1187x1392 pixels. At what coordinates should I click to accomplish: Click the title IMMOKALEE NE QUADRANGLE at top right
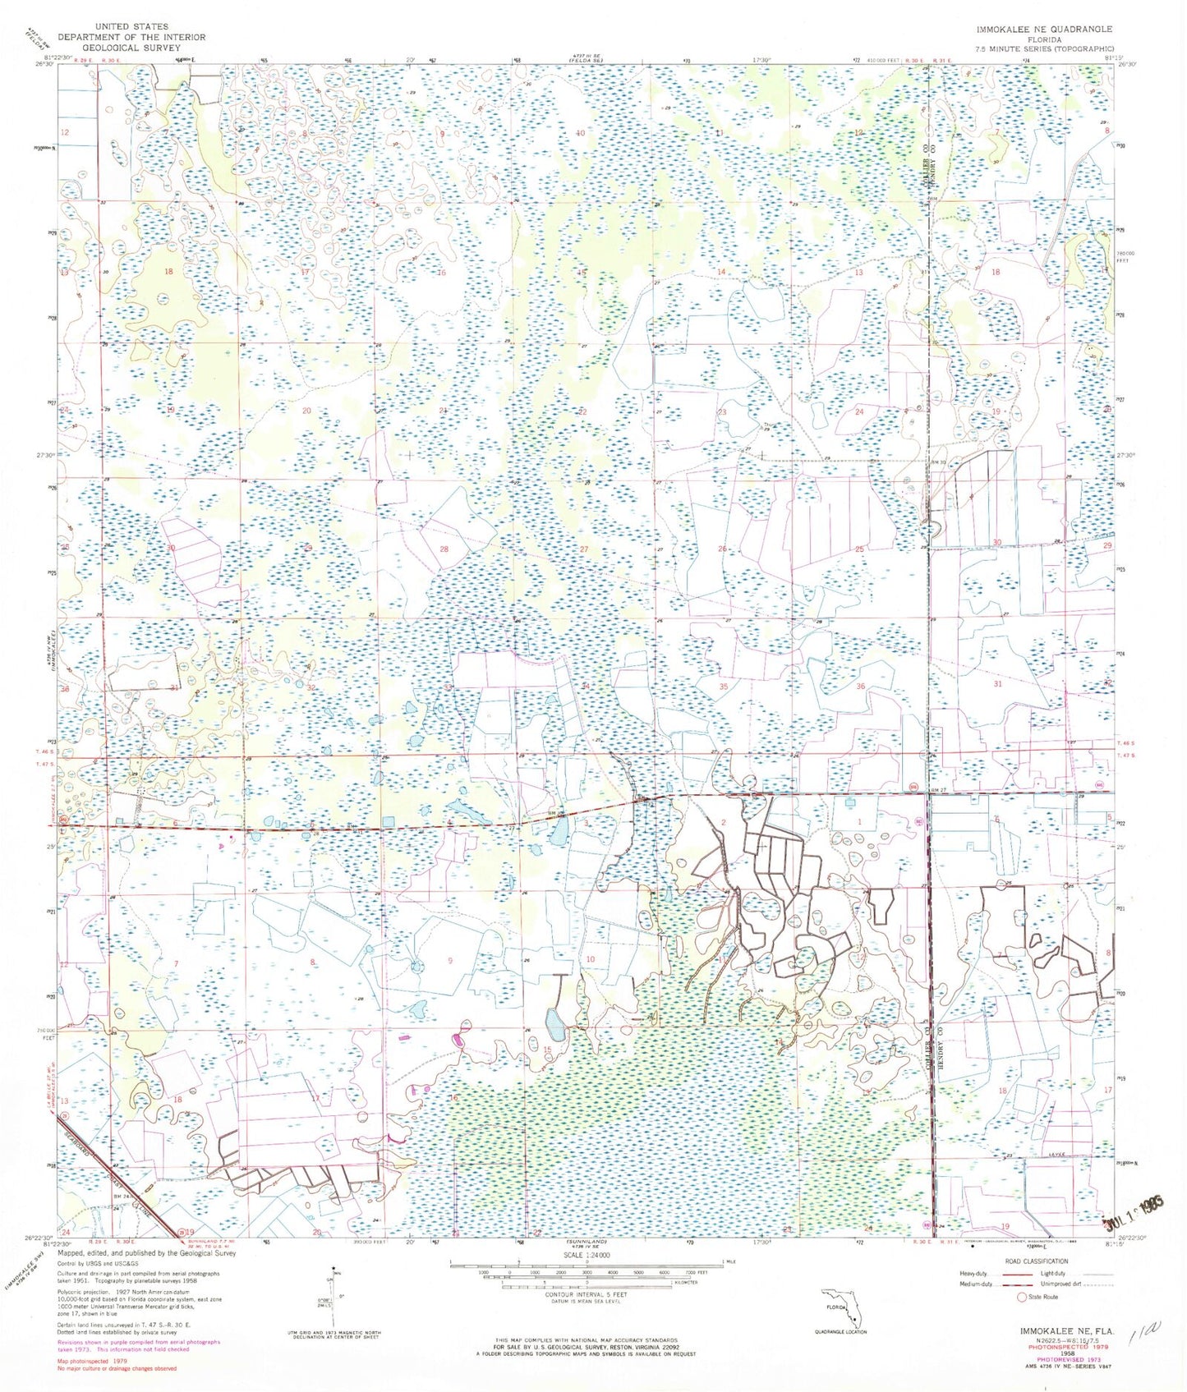1044,29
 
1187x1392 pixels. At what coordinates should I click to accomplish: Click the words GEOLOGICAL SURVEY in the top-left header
131,47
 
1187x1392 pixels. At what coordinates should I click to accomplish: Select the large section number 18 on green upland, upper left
169,272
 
